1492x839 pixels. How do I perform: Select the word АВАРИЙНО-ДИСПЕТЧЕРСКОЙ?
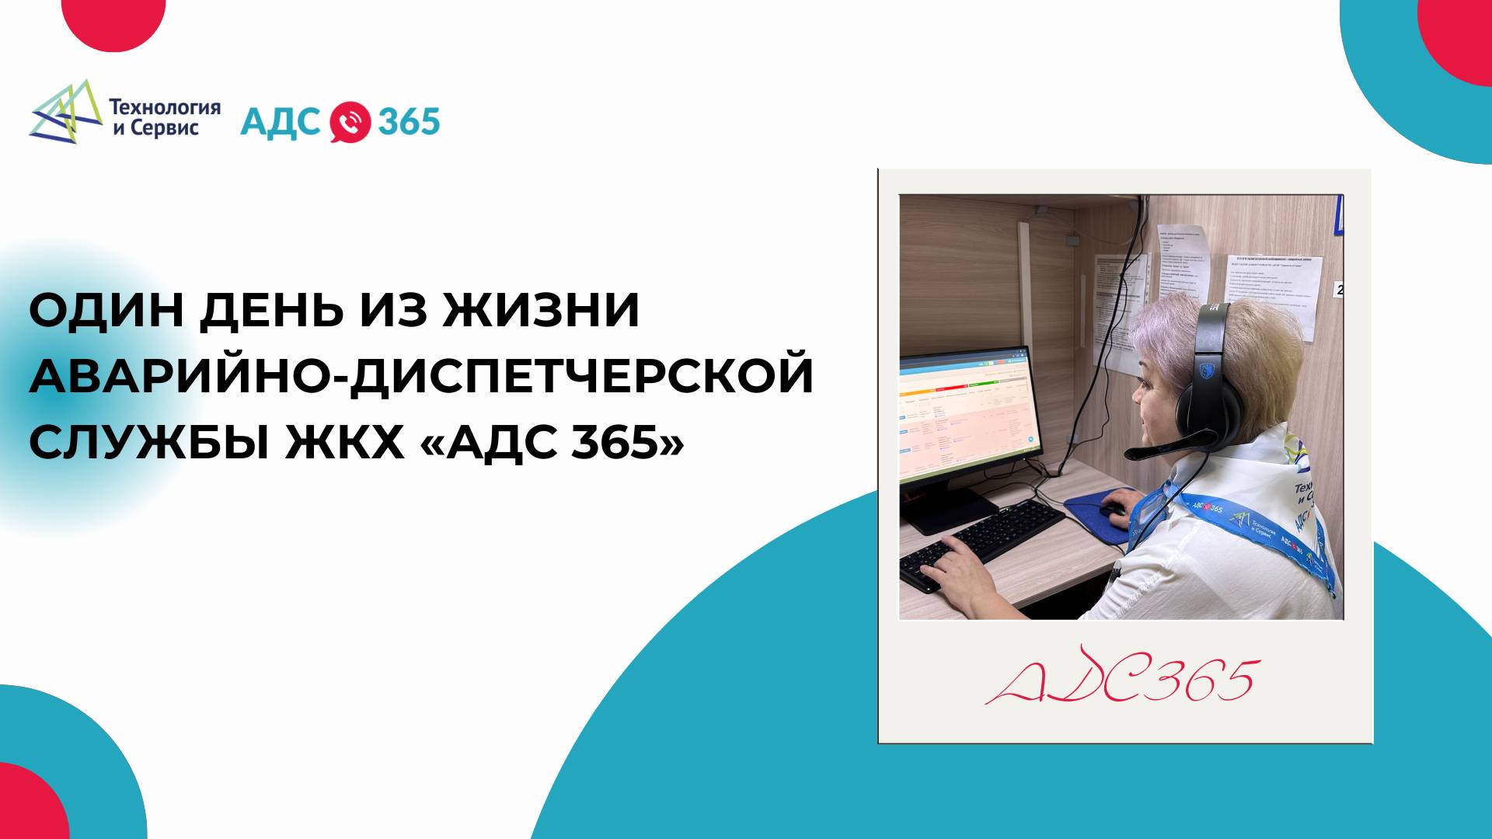click(x=421, y=376)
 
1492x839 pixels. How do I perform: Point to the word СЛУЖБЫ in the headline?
click(x=149, y=442)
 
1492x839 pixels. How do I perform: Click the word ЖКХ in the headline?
click(x=344, y=442)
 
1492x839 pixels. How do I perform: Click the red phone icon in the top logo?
click(x=350, y=123)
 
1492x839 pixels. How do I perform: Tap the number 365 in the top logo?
click(x=409, y=122)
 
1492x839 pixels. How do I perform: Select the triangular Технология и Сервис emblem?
click(x=67, y=113)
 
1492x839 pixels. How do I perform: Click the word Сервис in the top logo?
click(x=164, y=129)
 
